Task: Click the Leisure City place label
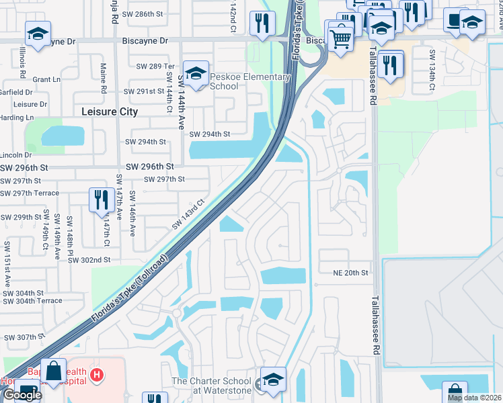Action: point(110,112)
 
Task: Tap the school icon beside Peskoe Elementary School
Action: point(196,73)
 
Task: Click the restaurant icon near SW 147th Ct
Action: point(100,199)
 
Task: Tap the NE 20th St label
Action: point(351,273)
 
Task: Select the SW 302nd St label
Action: point(89,260)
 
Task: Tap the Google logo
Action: point(22,395)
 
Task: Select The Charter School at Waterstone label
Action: point(210,386)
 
